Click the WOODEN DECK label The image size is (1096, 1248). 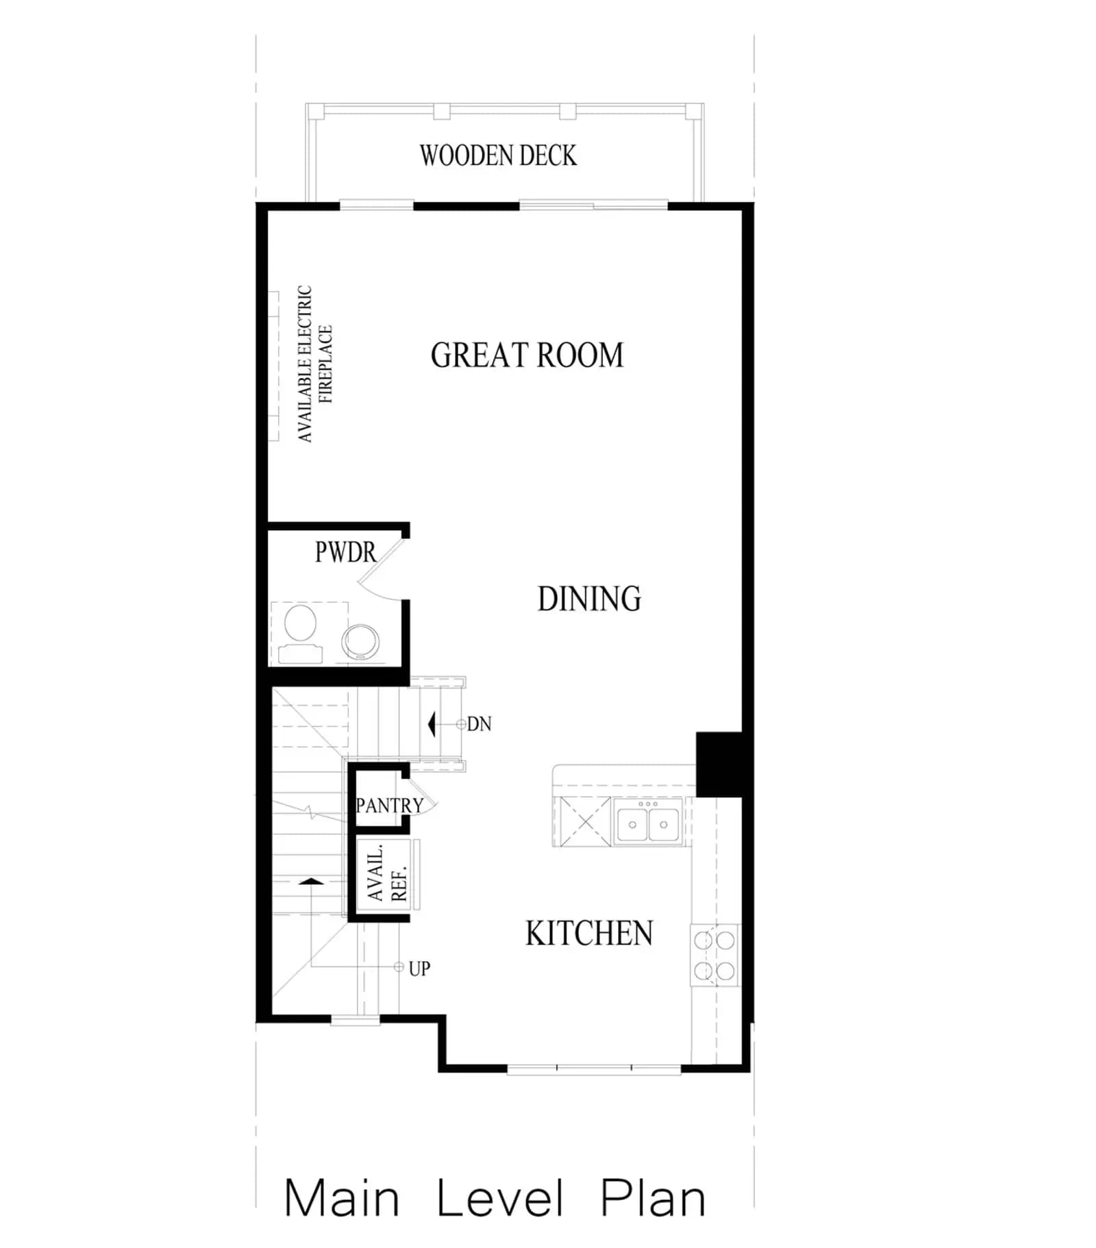click(x=498, y=155)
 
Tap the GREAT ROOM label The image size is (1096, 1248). click(x=527, y=355)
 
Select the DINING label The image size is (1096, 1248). click(x=589, y=599)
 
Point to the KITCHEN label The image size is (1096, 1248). click(x=589, y=933)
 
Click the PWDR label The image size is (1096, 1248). click(x=345, y=552)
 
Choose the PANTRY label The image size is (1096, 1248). click(x=389, y=806)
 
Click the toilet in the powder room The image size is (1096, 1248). click(x=300, y=633)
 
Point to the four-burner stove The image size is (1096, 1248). click(x=714, y=956)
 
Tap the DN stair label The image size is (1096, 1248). click(x=479, y=724)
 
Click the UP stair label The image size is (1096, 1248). click(x=419, y=969)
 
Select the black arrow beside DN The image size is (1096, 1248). click(x=432, y=724)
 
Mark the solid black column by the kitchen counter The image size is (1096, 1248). click(x=719, y=764)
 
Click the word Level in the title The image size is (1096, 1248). click(x=500, y=1199)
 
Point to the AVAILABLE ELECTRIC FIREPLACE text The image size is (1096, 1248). click(x=314, y=364)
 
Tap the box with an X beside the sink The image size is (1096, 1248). click(x=586, y=822)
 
